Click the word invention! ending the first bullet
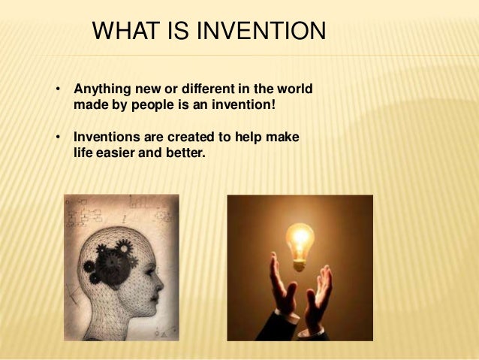coord(243,106)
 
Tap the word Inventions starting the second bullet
coord(104,137)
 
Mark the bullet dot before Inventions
coord(57,137)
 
